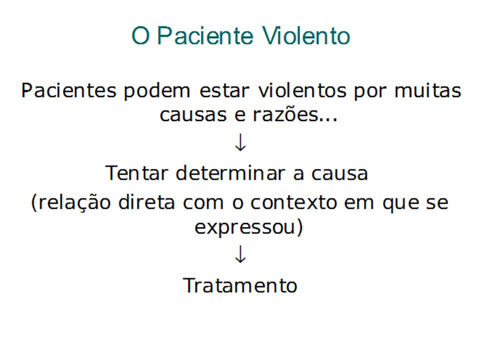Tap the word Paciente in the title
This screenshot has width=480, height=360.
click(x=205, y=35)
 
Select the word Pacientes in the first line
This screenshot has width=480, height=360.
click(x=69, y=90)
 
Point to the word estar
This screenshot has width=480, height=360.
click(x=224, y=91)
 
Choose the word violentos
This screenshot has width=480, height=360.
click(x=302, y=90)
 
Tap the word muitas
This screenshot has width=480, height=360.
click(x=427, y=90)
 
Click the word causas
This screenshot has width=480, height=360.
click(x=193, y=115)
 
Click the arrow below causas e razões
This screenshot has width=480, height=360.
click(x=240, y=142)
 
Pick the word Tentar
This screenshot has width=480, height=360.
click(x=136, y=173)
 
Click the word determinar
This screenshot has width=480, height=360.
click(x=230, y=172)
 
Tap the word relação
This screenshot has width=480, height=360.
click(x=71, y=202)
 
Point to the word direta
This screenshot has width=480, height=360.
click(x=146, y=202)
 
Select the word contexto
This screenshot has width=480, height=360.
click(x=293, y=202)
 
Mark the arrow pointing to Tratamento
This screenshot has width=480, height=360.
click(x=240, y=254)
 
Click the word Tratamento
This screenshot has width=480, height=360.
click(x=240, y=285)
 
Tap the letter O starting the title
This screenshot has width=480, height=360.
click(x=140, y=35)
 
